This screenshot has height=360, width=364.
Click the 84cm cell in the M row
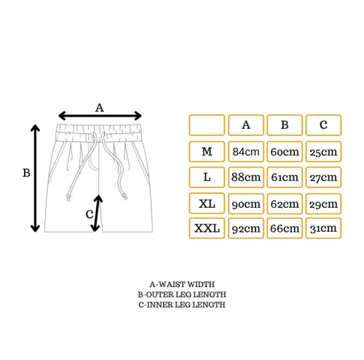(x=246, y=152)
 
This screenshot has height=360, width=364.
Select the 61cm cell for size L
(x=285, y=177)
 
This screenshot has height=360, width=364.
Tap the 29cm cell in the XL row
(x=323, y=203)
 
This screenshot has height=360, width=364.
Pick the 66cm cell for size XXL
(x=285, y=228)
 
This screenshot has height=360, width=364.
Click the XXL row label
(x=207, y=228)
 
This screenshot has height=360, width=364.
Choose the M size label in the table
(x=207, y=152)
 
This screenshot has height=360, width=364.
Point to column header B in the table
(x=285, y=125)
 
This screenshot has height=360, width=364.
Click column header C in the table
(x=323, y=125)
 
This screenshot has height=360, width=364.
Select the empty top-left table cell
(x=207, y=125)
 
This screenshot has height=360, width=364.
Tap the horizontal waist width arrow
(x=100, y=116)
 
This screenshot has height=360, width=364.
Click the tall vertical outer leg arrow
(x=35, y=179)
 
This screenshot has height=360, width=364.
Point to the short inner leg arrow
(x=97, y=214)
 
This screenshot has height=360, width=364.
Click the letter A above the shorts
(x=100, y=108)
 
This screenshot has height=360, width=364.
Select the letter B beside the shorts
(x=26, y=173)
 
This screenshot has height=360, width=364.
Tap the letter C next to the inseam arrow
(x=90, y=214)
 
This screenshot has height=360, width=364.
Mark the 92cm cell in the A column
(x=246, y=228)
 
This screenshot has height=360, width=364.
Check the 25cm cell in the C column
(x=323, y=152)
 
